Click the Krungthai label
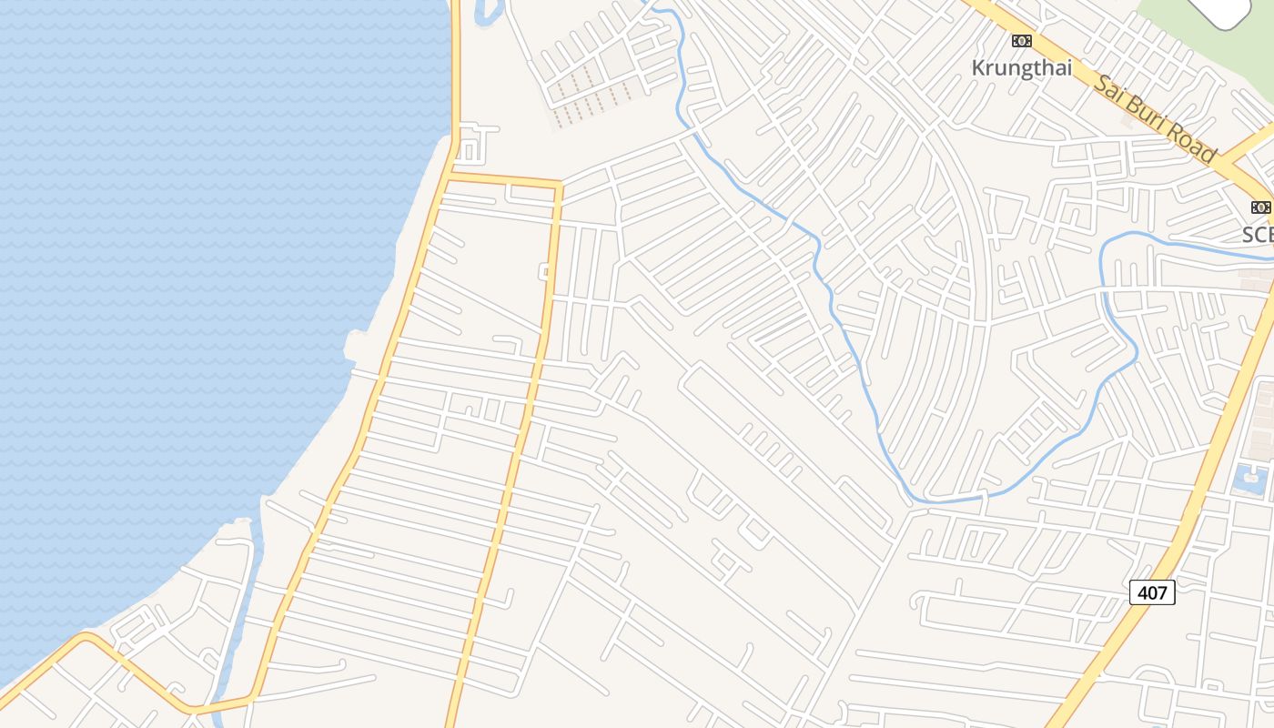click(x=1021, y=68)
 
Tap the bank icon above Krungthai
click(x=1021, y=41)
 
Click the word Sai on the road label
click(x=1113, y=90)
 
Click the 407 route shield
click(x=1152, y=592)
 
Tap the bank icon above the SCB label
click(x=1260, y=207)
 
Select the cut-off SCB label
click(x=1259, y=235)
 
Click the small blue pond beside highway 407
click(x=1252, y=480)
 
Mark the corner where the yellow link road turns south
click(x=558, y=187)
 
